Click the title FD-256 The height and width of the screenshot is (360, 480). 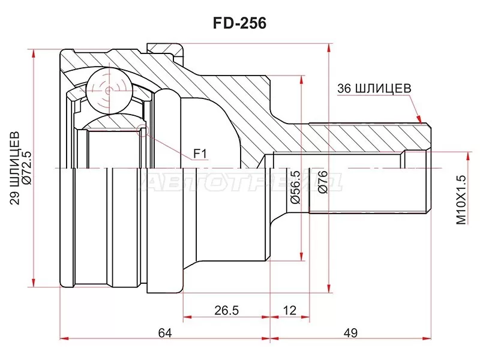(240, 23)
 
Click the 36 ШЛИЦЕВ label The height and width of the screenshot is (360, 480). (374, 88)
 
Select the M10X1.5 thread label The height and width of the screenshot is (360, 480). (461, 200)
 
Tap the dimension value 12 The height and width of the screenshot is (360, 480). (289, 310)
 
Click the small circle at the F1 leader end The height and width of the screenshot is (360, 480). (142, 128)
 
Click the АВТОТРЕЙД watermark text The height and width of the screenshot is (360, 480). (240, 180)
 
